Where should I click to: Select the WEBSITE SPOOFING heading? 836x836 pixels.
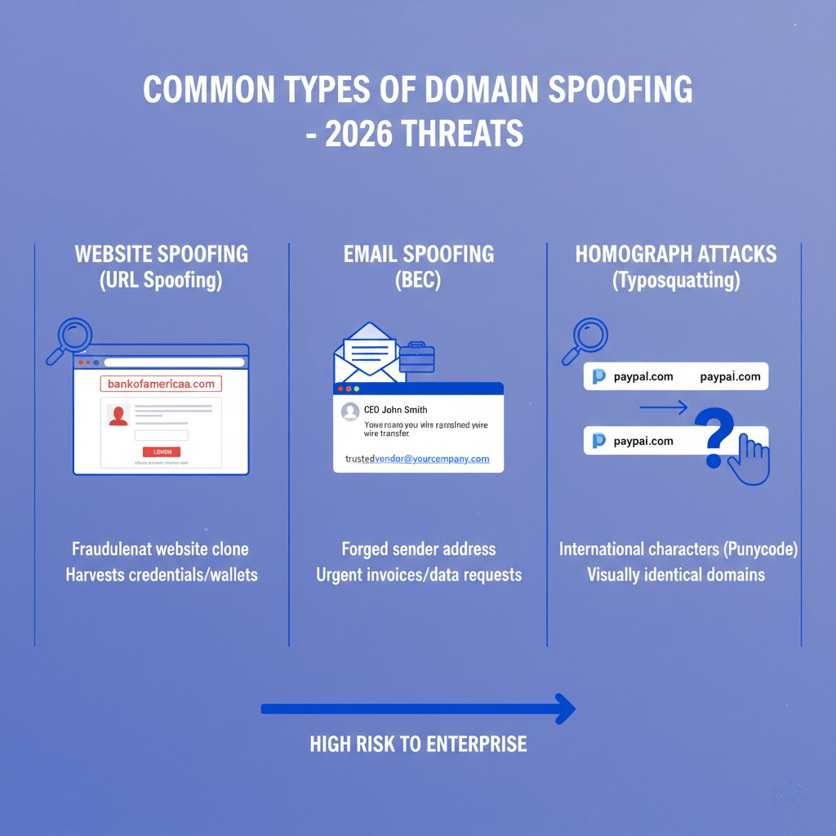(x=161, y=254)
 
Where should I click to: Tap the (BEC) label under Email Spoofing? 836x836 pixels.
(x=418, y=281)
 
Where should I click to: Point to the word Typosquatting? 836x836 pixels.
(x=677, y=281)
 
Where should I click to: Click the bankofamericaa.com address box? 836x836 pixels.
(x=161, y=384)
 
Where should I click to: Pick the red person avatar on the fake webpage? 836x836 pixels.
(x=118, y=416)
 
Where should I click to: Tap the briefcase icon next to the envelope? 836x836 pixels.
(x=417, y=358)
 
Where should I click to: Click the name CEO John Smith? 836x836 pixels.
(x=395, y=410)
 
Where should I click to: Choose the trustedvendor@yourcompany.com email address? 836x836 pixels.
(x=417, y=459)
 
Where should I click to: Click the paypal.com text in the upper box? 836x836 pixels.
(x=643, y=376)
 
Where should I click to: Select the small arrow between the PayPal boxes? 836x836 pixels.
(x=664, y=406)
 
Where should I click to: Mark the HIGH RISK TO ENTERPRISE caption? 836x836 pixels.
(x=418, y=745)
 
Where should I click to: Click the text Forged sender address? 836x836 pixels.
(x=418, y=549)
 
